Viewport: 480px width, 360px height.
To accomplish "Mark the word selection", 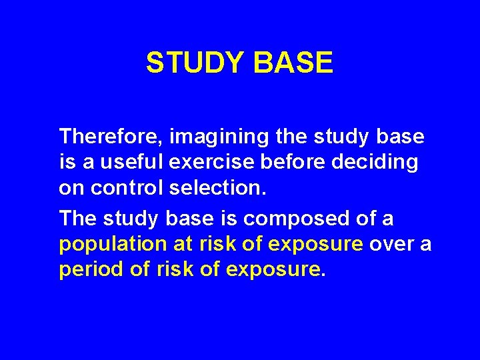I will click(x=218, y=187).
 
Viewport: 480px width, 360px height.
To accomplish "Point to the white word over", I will click(x=391, y=245).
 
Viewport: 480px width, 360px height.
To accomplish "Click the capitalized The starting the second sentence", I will click(x=78, y=218).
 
